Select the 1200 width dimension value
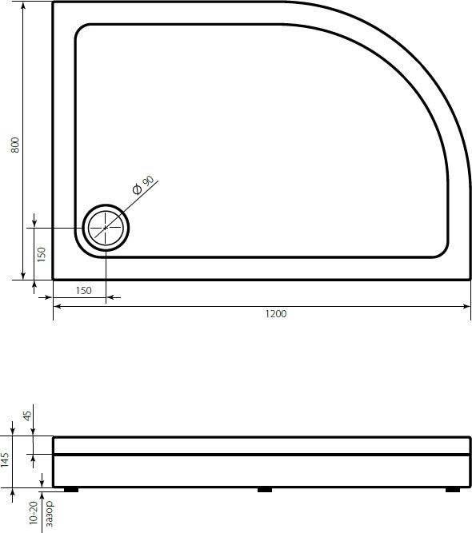[276, 314]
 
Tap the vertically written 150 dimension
[42, 253]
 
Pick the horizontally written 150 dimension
[83, 290]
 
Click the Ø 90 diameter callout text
[142, 184]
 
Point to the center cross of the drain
[106, 228]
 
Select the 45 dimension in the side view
[27, 416]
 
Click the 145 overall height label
[6, 460]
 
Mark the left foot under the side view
[70, 490]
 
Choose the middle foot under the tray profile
[264, 490]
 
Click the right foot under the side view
[452, 490]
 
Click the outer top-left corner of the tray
[54, 2]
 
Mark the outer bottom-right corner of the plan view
[470, 280]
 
